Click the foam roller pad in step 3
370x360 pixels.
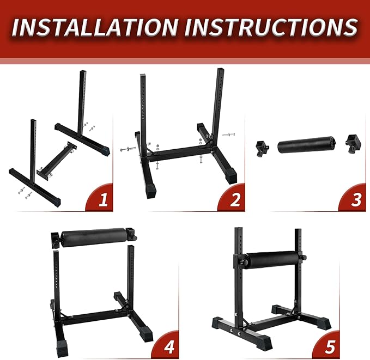(302, 147)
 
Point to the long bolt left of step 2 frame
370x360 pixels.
(129, 148)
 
